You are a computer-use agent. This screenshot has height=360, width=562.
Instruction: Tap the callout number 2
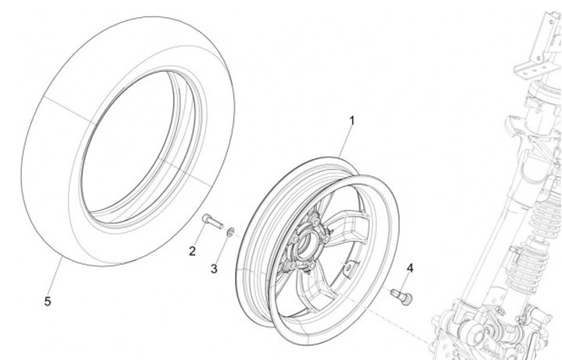coord(191,251)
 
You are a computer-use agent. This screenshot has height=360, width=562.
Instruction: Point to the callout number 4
coord(410,269)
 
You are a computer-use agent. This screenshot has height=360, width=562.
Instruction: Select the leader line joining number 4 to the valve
coord(407,280)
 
